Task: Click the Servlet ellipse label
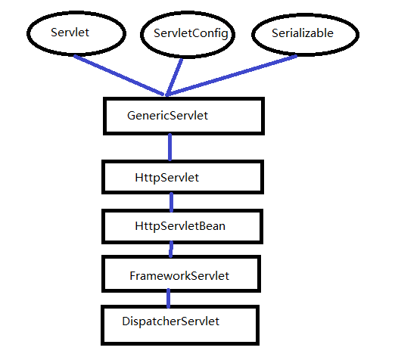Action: point(70,33)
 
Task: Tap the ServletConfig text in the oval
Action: point(191,33)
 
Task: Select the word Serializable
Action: point(303,33)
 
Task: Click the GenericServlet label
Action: point(167,116)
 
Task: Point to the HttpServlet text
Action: point(166,178)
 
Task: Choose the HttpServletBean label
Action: point(180,226)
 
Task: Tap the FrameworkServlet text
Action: point(179,275)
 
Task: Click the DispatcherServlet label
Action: point(171,321)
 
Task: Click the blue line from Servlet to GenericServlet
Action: point(119,75)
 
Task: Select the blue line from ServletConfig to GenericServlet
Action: point(174,77)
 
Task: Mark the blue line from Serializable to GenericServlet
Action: point(232,76)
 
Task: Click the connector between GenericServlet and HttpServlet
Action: point(170,147)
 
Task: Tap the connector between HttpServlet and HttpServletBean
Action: point(171,202)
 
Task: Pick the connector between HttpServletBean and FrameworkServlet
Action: point(171,249)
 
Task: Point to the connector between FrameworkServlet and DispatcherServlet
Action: point(169,298)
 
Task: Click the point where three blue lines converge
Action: point(166,95)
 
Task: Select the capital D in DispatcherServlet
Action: point(126,321)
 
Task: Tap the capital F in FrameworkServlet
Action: point(132,275)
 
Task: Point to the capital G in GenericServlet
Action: point(132,116)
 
